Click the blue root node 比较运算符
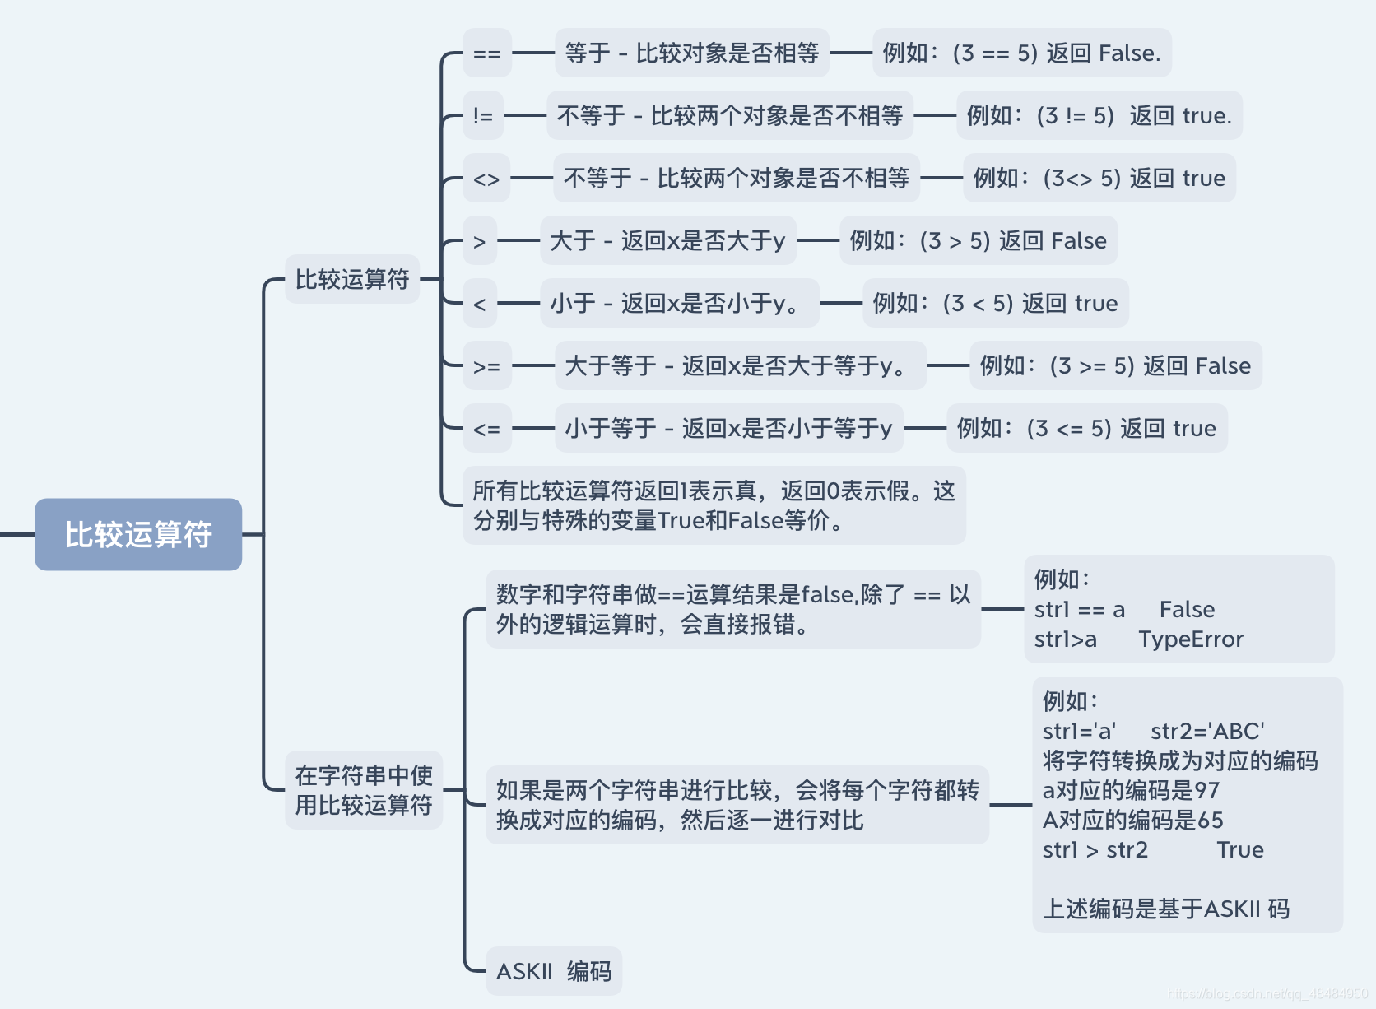pyautogui.click(x=138, y=534)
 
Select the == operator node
pyautogui.click(x=486, y=53)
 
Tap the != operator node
pyautogui.click(x=483, y=116)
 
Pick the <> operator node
pyautogui.click(x=486, y=179)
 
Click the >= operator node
pyautogui.click(x=486, y=366)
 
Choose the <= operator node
pyautogui.click(x=486, y=429)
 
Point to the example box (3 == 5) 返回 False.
pyautogui.click(x=1021, y=53)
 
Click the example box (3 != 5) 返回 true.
pyautogui.click(x=1099, y=116)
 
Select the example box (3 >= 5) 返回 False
pyautogui.click(x=1115, y=366)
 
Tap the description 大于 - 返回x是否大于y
pyautogui.click(x=667, y=241)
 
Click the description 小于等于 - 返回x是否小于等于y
pyautogui.click(x=728, y=429)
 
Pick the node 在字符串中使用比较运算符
pyautogui.click(x=364, y=790)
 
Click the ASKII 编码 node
pyautogui.click(x=554, y=972)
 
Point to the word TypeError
pyautogui.click(x=1191, y=639)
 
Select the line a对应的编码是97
pyautogui.click(x=1131, y=791)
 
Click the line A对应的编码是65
pyautogui.click(x=1132, y=821)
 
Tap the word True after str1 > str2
pyautogui.click(x=1240, y=850)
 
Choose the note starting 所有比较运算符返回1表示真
pyautogui.click(x=714, y=505)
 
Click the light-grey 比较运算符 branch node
pyautogui.click(x=352, y=280)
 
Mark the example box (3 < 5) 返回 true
pyautogui.click(x=995, y=304)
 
